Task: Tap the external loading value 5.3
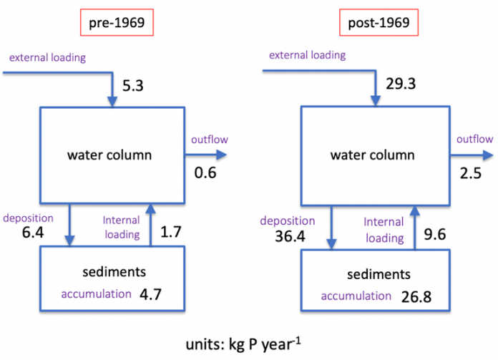[133, 86]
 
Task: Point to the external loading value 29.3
[401, 84]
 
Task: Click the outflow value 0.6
[205, 173]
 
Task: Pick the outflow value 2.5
[471, 173]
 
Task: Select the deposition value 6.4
[33, 233]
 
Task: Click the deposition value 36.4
[290, 236]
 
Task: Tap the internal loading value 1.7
[171, 232]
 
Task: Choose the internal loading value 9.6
[435, 235]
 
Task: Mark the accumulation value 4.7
[150, 295]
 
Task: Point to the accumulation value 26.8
[416, 297]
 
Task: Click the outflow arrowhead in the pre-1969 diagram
[222, 155]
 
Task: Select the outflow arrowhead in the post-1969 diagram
[488, 155]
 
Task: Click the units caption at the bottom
[243, 344]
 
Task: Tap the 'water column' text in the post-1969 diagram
[373, 155]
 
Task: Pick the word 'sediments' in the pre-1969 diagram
[114, 272]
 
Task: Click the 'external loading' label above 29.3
[308, 55]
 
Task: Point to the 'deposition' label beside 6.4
[29, 218]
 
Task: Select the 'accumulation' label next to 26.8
[356, 296]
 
